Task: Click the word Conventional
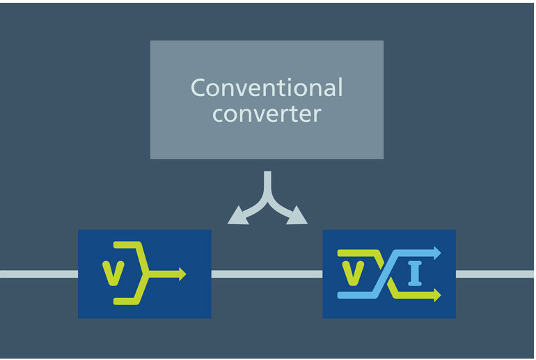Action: click(x=267, y=88)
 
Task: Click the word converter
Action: click(x=267, y=114)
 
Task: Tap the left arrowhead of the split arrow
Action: click(x=238, y=216)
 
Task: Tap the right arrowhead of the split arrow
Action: click(x=297, y=216)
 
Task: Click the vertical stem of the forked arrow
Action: click(x=268, y=185)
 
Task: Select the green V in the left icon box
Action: click(x=113, y=273)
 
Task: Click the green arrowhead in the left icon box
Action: click(x=182, y=274)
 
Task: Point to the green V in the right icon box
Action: click(x=353, y=273)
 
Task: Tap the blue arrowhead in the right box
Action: click(x=438, y=253)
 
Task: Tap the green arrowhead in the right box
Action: click(x=438, y=295)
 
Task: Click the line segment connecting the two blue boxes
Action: click(x=267, y=274)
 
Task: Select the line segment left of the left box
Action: click(x=39, y=274)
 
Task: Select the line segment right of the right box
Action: click(x=495, y=274)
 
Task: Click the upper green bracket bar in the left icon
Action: click(x=127, y=245)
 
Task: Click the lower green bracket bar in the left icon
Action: click(x=127, y=302)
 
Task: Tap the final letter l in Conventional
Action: click(x=340, y=87)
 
